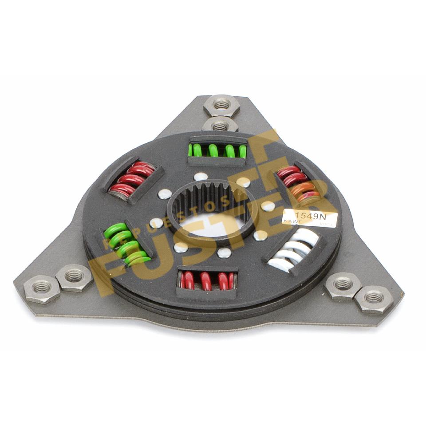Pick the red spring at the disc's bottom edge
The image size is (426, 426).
point(207,280)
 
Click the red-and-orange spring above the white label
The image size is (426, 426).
point(297,184)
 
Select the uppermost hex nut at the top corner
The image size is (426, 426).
point(222,105)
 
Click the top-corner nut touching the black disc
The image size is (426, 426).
point(220,125)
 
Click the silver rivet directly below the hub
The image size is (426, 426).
point(225,253)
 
